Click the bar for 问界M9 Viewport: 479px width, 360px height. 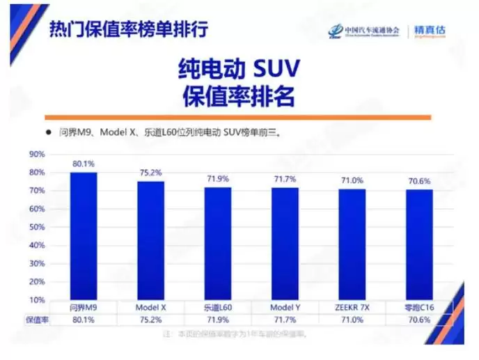[x=83, y=236]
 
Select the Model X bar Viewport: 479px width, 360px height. [x=150, y=240]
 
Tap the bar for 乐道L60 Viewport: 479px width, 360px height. [x=217, y=244]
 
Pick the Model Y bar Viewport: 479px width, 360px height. [x=285, y=244]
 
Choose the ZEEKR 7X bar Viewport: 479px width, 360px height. [x=352, y=244]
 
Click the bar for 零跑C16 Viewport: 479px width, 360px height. [x=419, y=245]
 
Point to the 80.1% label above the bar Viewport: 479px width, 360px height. [x=83, y=164]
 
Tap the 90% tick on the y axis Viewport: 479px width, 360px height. [x=37, y=154]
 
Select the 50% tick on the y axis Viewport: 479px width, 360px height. [x=37, y=227]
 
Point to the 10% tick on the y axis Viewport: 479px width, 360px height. [x=37, y=299]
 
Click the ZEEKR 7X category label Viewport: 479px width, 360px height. [x=352, y=307]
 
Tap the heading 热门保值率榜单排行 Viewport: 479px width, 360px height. [x=128, y=30]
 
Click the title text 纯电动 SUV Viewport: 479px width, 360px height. [x=239, y=70]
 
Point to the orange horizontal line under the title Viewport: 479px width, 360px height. [x=238, y=118]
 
